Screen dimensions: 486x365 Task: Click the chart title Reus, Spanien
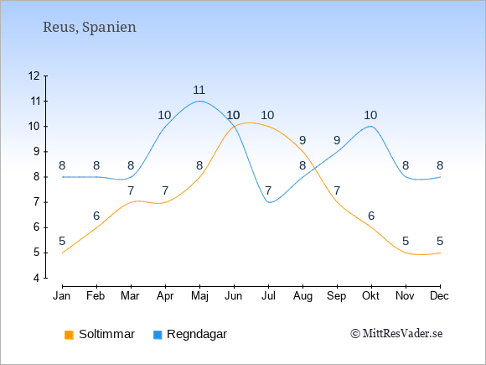point(90,27)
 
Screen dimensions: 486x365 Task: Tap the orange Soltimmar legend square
point(69,335)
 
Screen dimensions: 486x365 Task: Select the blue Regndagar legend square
point(158,335)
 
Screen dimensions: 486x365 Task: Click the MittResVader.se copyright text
point(396,334)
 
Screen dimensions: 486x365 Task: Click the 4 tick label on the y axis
point(37,278)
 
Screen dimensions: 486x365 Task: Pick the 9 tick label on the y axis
point(37,152)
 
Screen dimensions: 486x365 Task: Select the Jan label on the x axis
point(62,296)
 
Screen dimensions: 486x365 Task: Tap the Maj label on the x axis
point(199,296)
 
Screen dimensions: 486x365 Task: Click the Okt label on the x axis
point(370,296)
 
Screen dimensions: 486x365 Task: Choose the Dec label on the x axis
point(440,296)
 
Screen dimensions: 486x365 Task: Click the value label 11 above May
point(199,90)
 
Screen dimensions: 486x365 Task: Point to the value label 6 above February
point(96,216)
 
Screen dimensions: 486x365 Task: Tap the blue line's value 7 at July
point(268,190)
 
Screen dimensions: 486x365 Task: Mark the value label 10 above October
point(370,115)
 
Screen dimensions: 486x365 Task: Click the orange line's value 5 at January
point(62,241)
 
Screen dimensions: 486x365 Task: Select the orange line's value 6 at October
point(371,216)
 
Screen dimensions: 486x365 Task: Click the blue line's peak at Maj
point(199,101)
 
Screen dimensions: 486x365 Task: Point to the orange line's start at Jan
point(63,253)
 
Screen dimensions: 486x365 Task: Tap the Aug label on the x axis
point(302,296)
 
